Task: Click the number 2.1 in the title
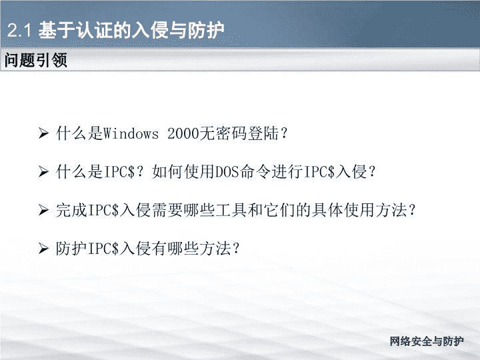tap(19, 30)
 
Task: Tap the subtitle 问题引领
tap(36, 60)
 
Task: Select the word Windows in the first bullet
tap(131, 133)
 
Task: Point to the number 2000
tap(183, 133)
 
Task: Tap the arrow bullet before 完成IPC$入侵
tap(43, 210)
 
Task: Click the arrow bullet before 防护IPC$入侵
tap(43, 248)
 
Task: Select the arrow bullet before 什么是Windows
tap(43, 133)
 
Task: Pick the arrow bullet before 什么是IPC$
tap(43, 172)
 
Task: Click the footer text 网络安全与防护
tap(427, 341)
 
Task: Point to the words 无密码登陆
tap(239, 133)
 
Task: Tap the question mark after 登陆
tap(285, 134)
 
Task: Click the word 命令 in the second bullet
tap(255, 172)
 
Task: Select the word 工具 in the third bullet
tap(231, 210)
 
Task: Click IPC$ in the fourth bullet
tap(103, 248)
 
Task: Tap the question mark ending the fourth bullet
tap(236, 249)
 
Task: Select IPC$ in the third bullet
tap(103, 210)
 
